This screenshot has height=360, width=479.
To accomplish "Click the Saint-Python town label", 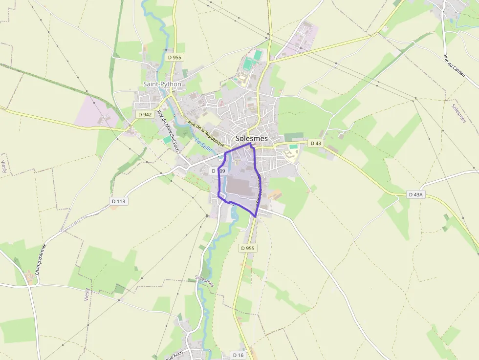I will click(x=162, y=84).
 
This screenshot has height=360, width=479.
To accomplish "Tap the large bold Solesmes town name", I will click(x=252, y=138).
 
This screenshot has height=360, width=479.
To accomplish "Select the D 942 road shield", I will click(x=145, y=114).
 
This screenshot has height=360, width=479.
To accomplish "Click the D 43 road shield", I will click(x=316, y=143).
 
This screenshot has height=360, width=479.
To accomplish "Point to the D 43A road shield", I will click(x=415, y=194).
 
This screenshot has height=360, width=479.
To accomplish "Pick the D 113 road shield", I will click(x=118, y=201).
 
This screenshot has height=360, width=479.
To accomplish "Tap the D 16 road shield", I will click(x=238, y=355).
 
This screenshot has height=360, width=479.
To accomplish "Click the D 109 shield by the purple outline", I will click(x=218, y=171).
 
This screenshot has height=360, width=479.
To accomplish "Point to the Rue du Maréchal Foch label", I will click(x=167, y=130).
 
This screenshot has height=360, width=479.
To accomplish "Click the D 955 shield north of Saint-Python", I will click(x=174, y=57).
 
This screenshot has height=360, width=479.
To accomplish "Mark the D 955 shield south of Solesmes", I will click(x=248, y=248).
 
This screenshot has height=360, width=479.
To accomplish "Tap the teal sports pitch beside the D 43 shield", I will click(x=293, y=146).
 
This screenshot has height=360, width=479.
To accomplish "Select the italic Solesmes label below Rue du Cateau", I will click(x=459, y=113).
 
